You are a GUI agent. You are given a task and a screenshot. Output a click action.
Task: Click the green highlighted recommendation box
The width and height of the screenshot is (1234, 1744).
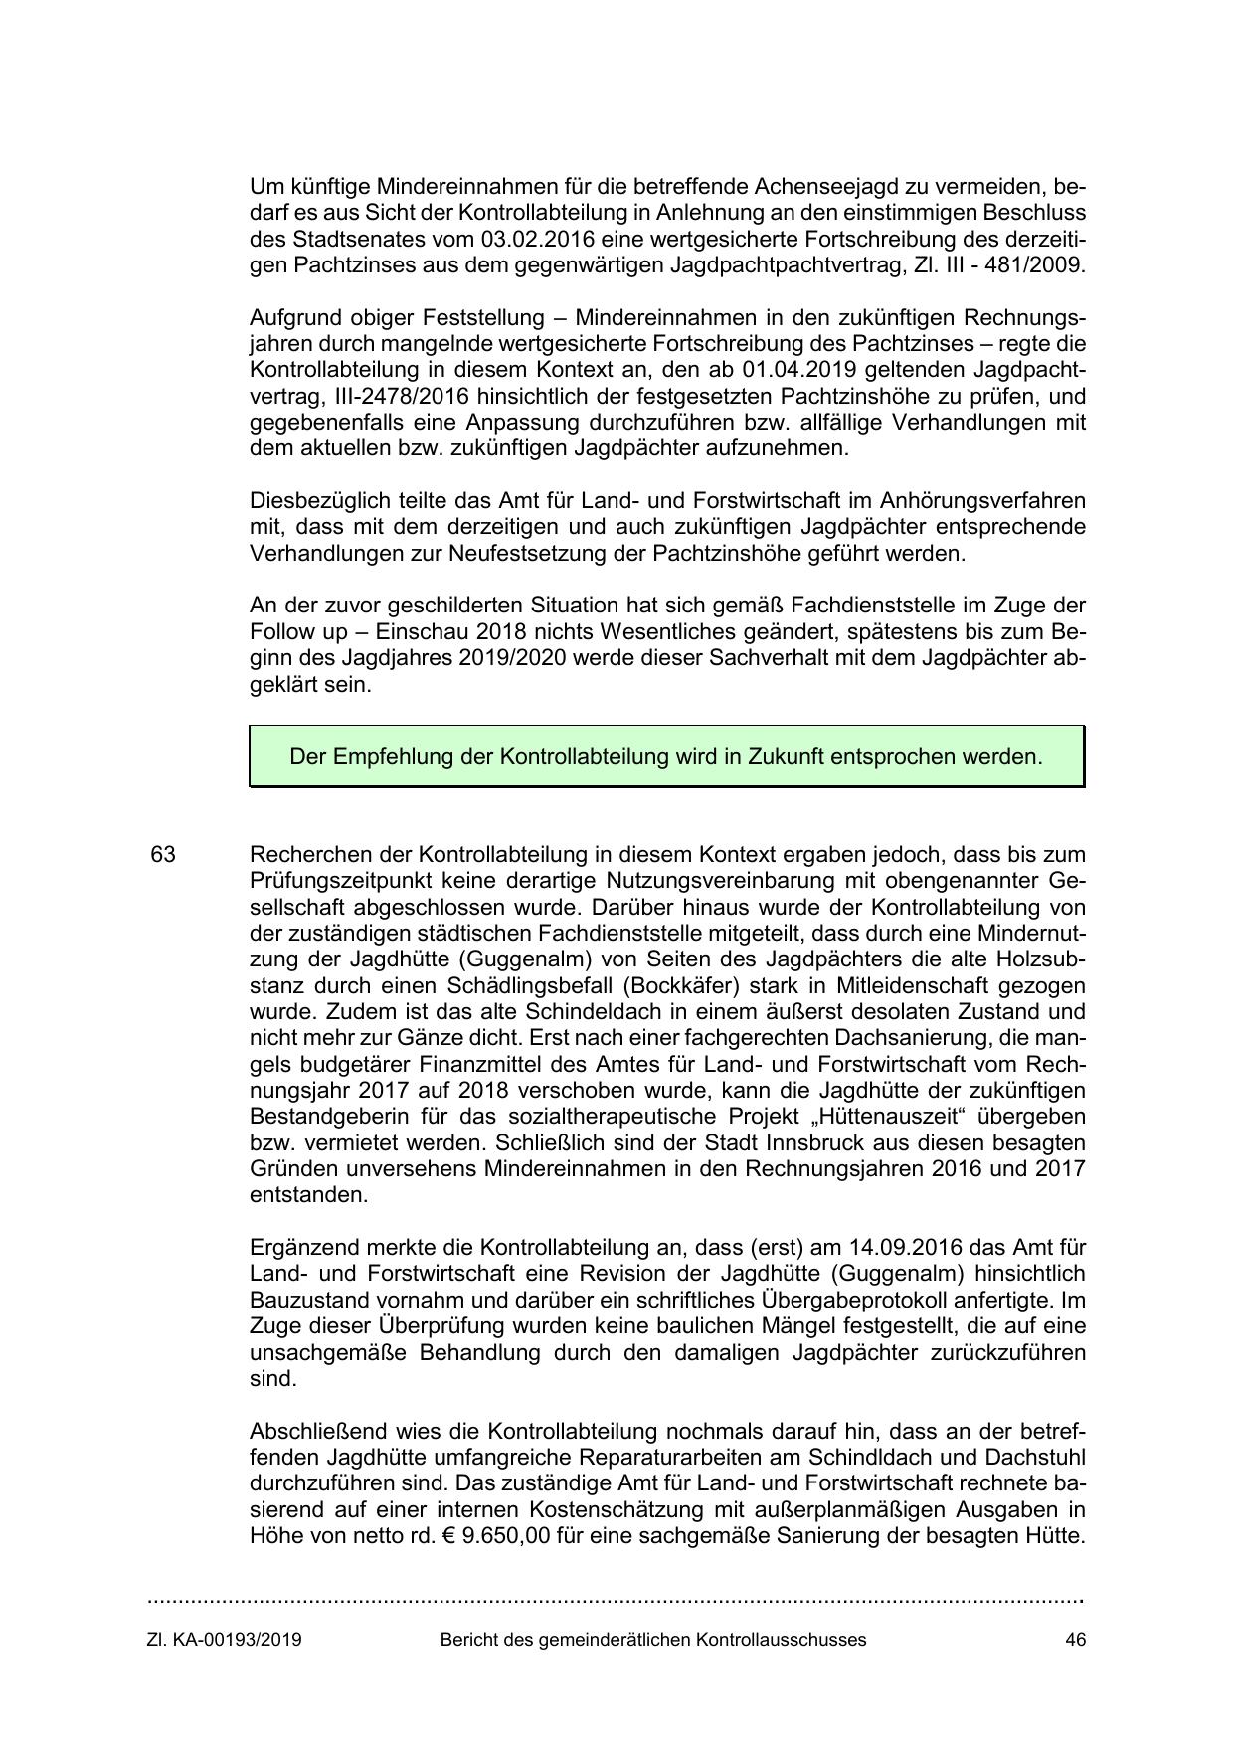coord(666,757)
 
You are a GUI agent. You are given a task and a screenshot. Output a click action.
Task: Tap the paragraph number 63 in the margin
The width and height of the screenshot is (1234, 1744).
coord(163,855)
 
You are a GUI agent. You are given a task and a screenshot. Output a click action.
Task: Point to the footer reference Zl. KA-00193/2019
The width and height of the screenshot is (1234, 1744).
coord(224,1640)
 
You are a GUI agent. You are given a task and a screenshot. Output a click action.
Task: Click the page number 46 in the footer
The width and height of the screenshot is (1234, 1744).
coord(1074,1640)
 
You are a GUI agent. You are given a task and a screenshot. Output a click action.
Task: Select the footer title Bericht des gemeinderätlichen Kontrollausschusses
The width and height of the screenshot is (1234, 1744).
coord(652,1640)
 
